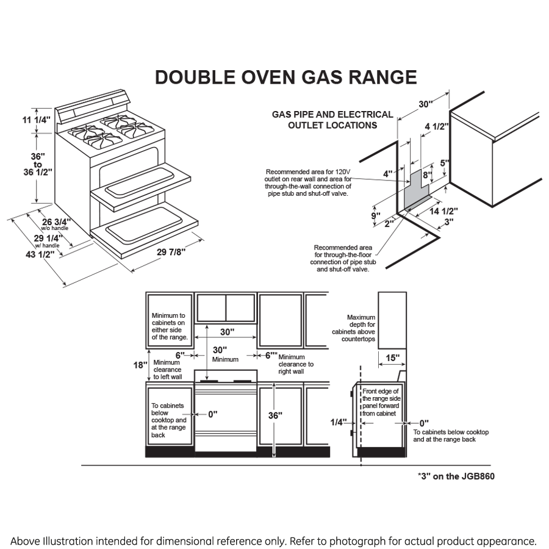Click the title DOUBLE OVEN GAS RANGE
(x=285, y=77)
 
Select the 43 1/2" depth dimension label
(x=40, y=254)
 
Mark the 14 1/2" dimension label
(x=443, y=211)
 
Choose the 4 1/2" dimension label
(x=436, y=126)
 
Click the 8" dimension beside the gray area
(x=427, y=176)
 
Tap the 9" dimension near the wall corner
(x=375, y=215)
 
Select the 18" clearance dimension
(x=140, y=365)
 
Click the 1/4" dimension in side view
(x=339, y=422)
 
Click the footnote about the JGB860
(x=456, y=476)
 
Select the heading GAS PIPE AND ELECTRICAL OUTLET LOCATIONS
(x=332, y=120)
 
